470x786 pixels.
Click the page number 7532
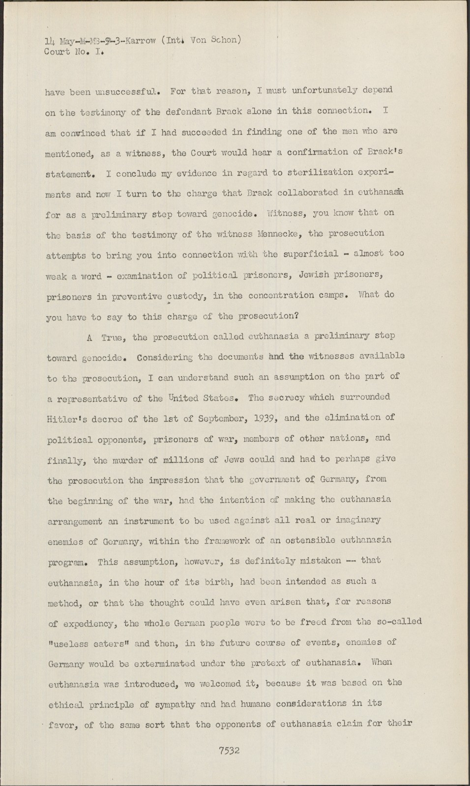230,750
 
